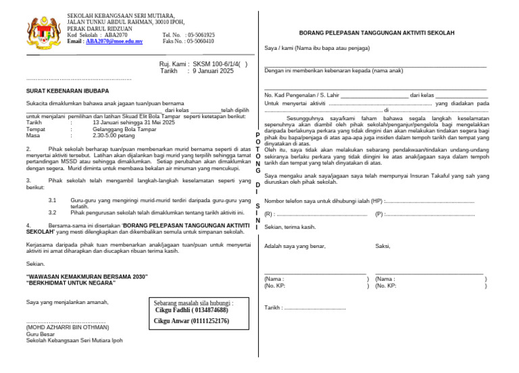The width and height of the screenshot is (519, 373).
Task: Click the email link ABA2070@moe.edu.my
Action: (114, 41)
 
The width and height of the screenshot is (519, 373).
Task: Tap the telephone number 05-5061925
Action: (198, 35)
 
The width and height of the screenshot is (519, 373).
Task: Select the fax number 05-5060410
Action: (198, 41)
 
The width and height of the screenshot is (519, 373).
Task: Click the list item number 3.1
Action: (53, 201)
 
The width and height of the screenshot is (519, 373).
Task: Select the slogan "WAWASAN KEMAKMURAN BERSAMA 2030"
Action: (86, 277)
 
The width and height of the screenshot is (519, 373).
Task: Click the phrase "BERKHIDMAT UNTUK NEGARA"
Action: (71, 283)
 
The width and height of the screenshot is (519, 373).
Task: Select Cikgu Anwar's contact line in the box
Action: (191, 321)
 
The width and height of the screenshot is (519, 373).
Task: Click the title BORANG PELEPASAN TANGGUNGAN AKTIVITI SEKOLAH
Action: (376, 32)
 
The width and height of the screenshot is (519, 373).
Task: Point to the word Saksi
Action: (382, 246)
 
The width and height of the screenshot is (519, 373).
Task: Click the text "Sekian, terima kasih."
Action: (290, 227)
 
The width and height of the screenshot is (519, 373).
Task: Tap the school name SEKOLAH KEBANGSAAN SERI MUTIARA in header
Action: (120, 16)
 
